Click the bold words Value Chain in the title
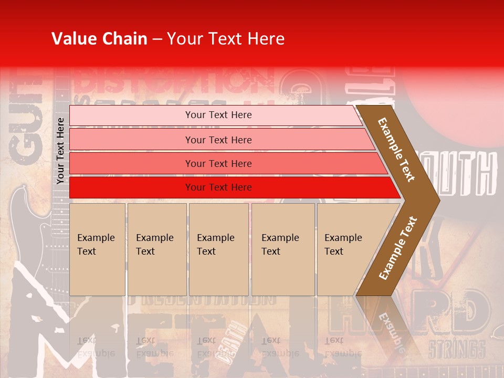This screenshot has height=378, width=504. click(99, 39)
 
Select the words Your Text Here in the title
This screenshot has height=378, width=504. click(226, 39)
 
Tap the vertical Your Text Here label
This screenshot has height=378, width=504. click(60, 151)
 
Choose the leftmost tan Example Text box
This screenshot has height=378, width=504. click(97, 249)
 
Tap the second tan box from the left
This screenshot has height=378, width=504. click(156, 249)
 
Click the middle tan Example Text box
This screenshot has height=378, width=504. click(218, 249)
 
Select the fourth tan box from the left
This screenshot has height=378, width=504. click(283, 249)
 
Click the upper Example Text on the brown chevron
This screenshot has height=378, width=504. click(397, 150)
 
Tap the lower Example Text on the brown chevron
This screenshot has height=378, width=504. click(398, 248)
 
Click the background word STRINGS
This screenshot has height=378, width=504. click(456, 349)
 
